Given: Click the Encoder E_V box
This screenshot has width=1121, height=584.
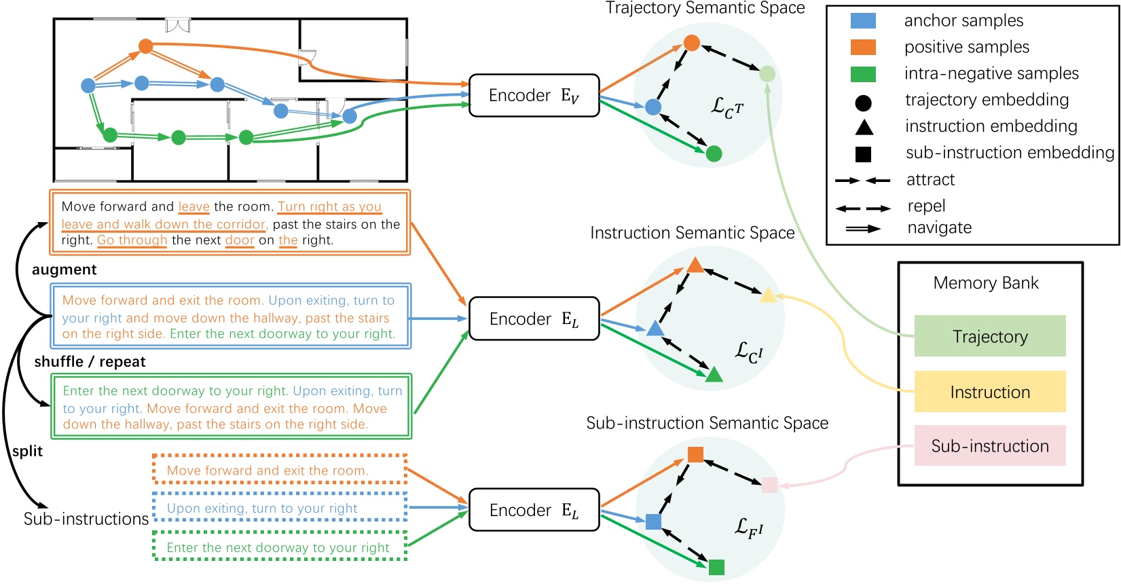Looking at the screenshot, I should coord(534,96).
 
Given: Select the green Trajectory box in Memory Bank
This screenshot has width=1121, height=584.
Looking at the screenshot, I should coord(989,336).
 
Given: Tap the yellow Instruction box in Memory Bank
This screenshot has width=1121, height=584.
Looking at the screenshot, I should coord(989,392).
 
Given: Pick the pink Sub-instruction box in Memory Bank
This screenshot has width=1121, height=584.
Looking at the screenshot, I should coord(989,445).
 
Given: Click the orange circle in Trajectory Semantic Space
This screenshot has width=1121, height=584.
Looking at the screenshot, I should coord(691,43).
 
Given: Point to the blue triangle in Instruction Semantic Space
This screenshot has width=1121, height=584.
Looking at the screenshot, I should coord(655,329).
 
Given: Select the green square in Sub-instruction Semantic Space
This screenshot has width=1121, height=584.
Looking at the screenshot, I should coord(716,567).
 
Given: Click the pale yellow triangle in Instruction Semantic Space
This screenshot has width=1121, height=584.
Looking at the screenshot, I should coord(768,295).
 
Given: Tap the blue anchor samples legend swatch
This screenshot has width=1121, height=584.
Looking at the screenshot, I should coord(863,20).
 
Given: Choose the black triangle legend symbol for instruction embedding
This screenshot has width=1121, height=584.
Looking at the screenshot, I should coord(864,127).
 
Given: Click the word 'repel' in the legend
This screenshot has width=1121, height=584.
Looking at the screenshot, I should coord(926,206).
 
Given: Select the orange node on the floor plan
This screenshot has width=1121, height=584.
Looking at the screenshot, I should coord(145,46).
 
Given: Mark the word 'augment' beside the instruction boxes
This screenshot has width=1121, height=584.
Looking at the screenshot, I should coord(64,270).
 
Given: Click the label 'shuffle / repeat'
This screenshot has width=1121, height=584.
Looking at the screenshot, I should coord(90,362).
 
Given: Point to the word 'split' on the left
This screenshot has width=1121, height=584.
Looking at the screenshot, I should coord(27,452).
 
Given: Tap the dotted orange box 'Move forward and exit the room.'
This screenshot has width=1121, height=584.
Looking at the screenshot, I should coord(280,470).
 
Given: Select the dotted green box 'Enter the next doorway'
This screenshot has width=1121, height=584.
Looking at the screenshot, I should coord(280,547).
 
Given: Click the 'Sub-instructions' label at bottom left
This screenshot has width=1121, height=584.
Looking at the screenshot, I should coord(86,519).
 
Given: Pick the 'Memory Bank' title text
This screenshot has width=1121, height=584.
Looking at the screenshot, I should coord(985,282).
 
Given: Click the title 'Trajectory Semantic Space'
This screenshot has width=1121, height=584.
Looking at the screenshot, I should coord(705,8).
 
